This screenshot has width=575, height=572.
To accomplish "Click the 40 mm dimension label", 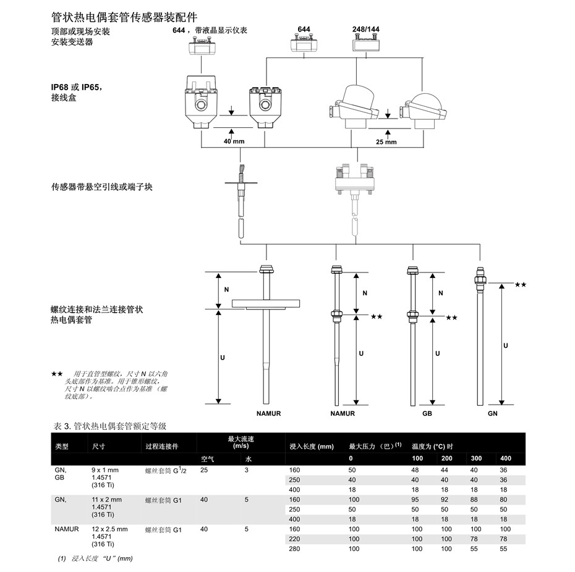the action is pyautogui.click(x=234, y=141).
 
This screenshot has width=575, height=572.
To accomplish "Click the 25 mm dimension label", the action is pyautogui.click(x=386, y=142).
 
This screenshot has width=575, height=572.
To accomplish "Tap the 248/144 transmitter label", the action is pyautogui.click(x=366, y=29).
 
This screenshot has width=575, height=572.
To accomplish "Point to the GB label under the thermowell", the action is pyautogui.click(x=427, y=413).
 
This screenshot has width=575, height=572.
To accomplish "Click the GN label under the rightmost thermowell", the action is pyautogui.click(x=493, y=413).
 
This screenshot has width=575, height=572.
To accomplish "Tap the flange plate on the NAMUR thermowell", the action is pyautogui.click(x=266, y=304).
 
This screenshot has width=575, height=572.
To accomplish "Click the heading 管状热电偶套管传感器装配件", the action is pyautogui.click(x=124, y=17).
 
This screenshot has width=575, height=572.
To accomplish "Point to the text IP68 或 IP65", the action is pyautogui.click(x=76, y=87).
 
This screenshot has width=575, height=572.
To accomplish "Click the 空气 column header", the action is pyautogui.click(x=208, y=459).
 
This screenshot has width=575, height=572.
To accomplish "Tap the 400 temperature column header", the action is pyautogui.click(x=506, y=458).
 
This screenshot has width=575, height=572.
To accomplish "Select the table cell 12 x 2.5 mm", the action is pyautogui.click(x=109, y=529).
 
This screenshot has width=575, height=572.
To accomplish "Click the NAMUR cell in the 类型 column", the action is pyautogui.click(x=67, y=529).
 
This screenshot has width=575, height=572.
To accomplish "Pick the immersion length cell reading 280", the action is pyautogui.click(x=294, y=549).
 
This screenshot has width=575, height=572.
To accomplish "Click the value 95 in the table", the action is pyautogui.click(x=415, y=500).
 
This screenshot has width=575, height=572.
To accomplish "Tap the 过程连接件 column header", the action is pyautogui.click(x=162, y=447).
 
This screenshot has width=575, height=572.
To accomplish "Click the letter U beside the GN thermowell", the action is pyautogui.click(x=506, y=345).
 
